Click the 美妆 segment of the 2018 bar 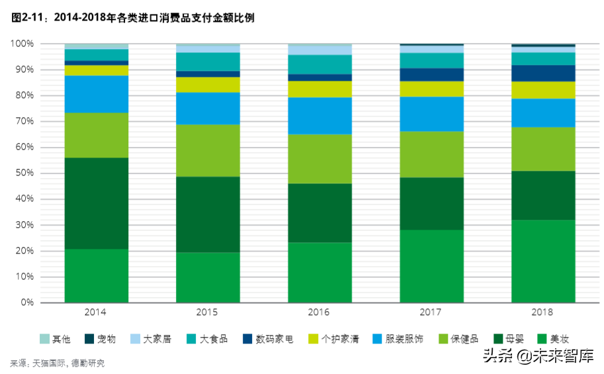[x=543, y=261]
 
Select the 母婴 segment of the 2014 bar [x=97, y=203]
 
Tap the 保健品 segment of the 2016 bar [x=320, y=159]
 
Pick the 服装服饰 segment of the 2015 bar [x=208, y=109]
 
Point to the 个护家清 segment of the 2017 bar [x=431, y=89]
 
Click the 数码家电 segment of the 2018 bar [x=543, y=73]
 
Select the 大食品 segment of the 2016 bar [x=320, y=64]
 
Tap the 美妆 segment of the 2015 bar [x=208, y=277]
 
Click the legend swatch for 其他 [x=45, y=339]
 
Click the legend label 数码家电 [x=275, y=339]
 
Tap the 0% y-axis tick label [x=26, y=303]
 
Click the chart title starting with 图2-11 [x=132, y=19]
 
